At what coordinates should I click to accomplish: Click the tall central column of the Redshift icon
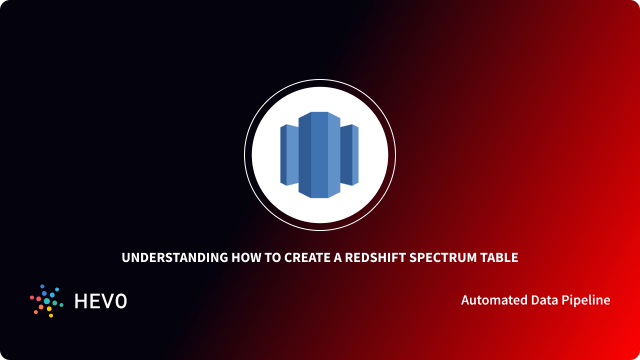[319, 155]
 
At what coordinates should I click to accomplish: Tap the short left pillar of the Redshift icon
[289, 155]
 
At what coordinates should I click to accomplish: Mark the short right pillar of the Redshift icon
[349, 155]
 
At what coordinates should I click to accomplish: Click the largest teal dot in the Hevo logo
[47, 301]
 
